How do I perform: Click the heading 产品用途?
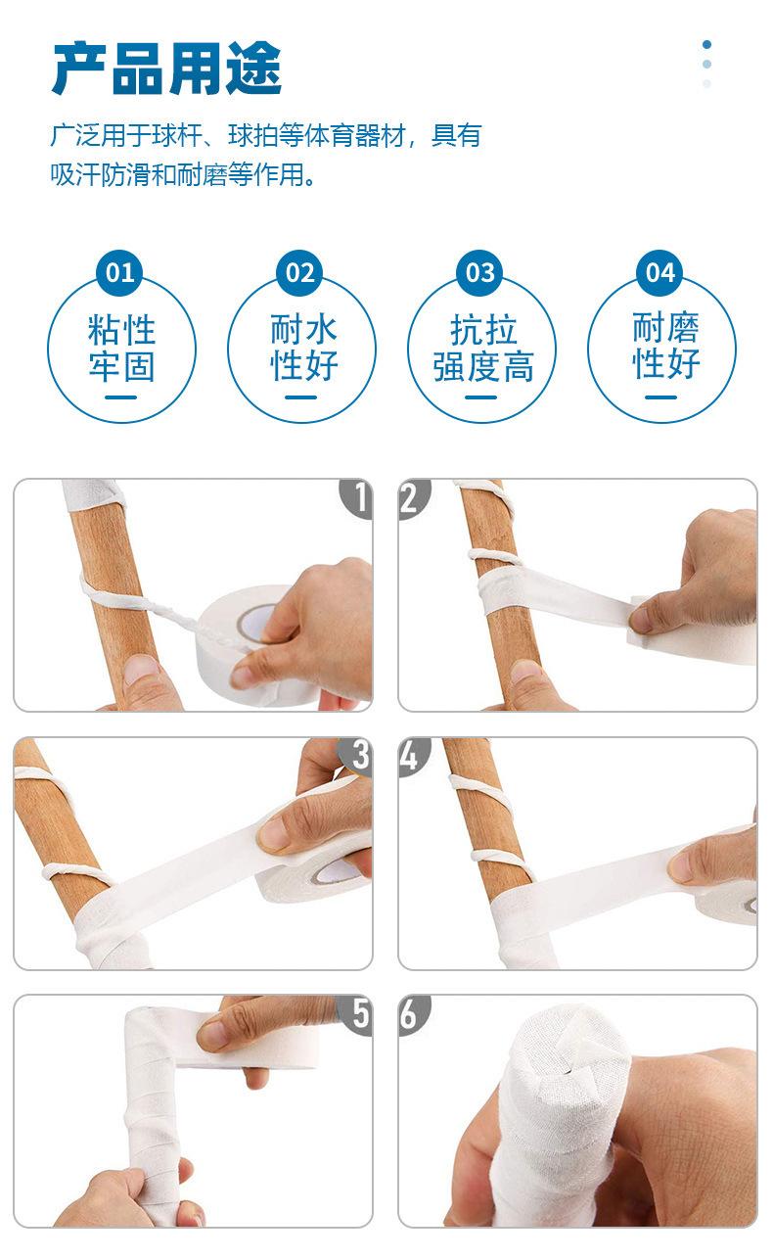[167, 68]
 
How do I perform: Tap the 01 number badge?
[119, 273]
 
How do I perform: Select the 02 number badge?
[300, 273]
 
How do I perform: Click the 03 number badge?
[479, 273]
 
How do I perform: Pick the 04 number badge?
[660, 273]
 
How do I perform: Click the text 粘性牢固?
[121, 349]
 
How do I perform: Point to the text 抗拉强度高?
[483, 349]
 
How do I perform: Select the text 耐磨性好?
[665, 347]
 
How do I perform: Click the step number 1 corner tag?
[356, 498]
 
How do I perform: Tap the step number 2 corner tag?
[414, 498]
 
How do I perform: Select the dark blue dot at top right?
[706, 44]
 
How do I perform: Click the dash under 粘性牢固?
[120, 397]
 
